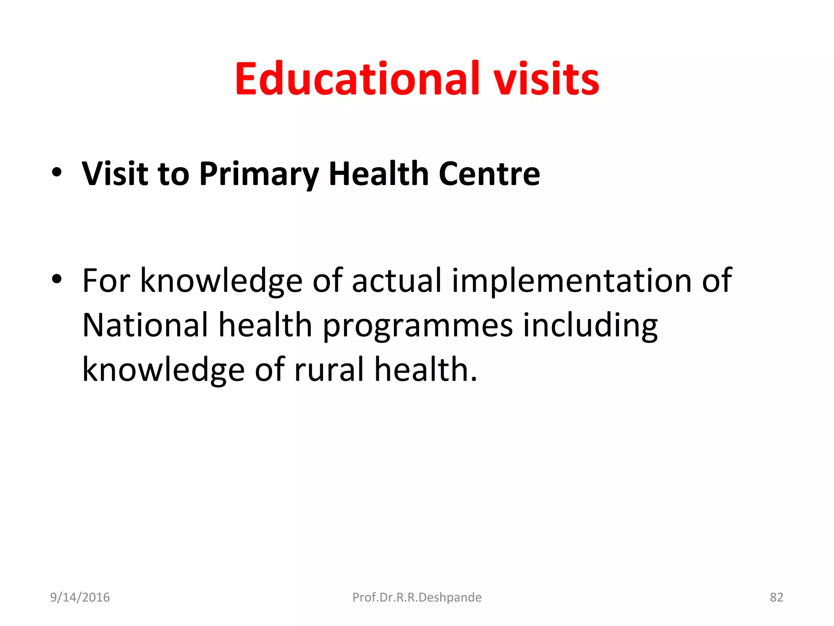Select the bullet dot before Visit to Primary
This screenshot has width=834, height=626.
click(57, 172)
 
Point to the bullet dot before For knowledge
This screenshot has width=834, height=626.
click(57, 279)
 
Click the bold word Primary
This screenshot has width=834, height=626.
click(259, 174)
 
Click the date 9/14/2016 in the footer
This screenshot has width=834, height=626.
click(80, 597)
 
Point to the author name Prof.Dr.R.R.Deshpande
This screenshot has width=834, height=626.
click(417, 597)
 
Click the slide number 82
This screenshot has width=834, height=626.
click(776, 597)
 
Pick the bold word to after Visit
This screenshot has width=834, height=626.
click(173, 174)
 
